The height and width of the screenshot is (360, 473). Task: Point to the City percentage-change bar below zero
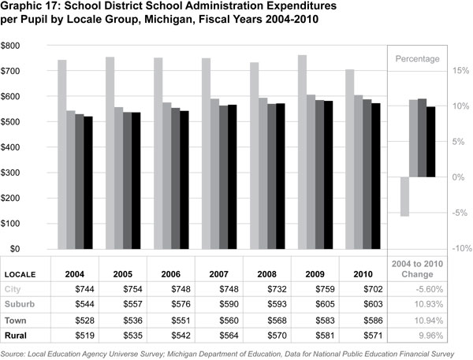tap(404, 196)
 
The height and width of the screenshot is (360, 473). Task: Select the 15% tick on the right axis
tap(459, 70)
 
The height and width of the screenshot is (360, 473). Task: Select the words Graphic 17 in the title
tap(28, 7)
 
